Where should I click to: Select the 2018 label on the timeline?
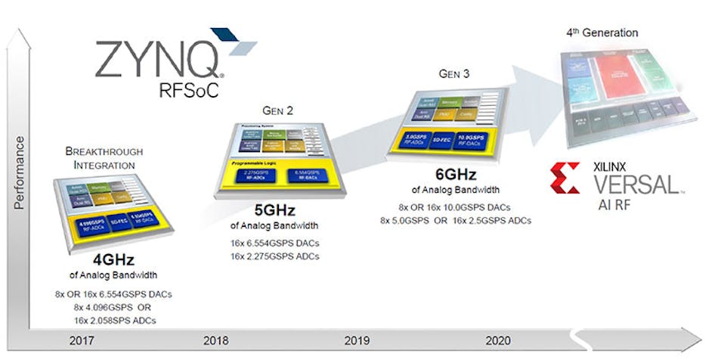point(216,340)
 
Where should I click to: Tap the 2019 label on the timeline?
point(357,340)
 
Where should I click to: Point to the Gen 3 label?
point(456,73)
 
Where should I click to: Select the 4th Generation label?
point(602,33)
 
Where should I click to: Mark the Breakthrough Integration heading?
point(104,158)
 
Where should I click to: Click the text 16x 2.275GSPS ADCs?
point(275,256)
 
